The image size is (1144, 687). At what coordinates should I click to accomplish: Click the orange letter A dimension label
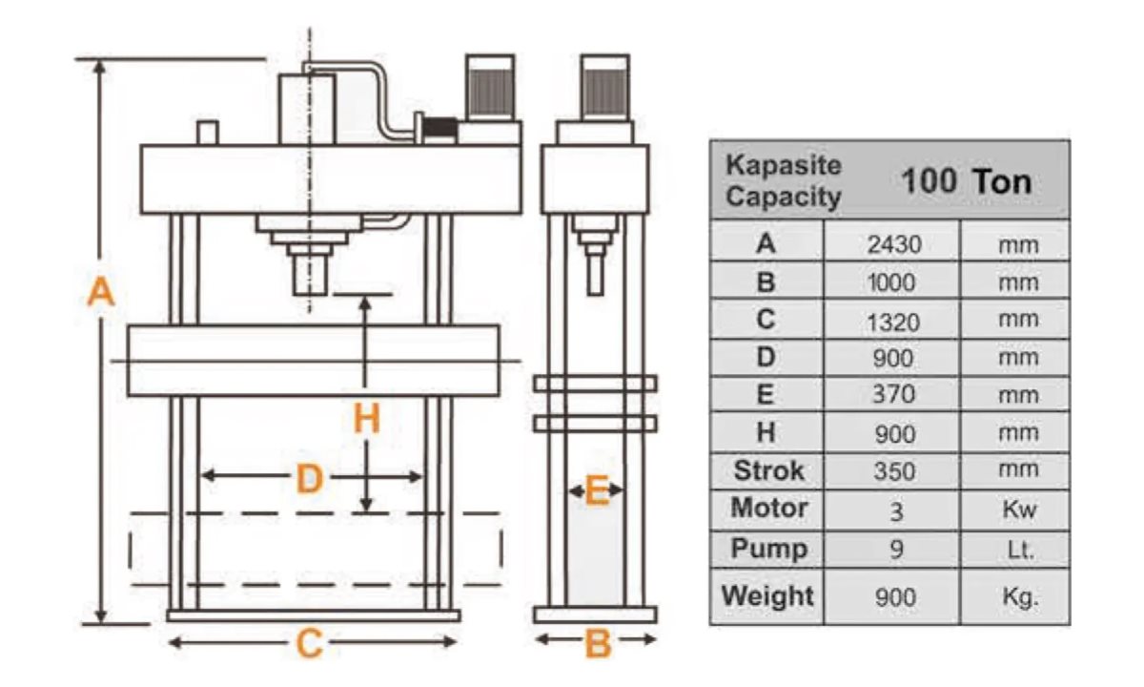pos(100,292)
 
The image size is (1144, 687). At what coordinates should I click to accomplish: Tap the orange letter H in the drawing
pos(366,420)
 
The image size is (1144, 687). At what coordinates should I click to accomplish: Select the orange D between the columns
pos(310,478)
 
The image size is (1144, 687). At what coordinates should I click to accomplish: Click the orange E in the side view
pos(596,491)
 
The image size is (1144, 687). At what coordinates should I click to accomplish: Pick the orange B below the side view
pos(597,644)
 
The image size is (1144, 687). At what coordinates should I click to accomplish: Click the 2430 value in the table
pos(893,244)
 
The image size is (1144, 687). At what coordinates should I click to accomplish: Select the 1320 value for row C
pos(893,322)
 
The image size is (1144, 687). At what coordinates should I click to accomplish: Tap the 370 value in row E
pos(893,394)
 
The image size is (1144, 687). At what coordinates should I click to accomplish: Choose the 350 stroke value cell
pos(893,471)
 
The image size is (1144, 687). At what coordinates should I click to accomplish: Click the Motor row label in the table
pos(769,508)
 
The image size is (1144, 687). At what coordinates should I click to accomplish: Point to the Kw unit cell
pos(1019,510)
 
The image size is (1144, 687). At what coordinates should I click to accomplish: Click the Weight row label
pos(767,595)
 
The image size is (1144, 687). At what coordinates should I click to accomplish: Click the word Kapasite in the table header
pos(784,164)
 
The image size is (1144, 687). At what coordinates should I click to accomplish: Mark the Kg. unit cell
pos(1019,598)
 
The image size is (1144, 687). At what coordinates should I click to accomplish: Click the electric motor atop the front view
pos(492,90)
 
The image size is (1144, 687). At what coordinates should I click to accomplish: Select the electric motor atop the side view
pos(605,90)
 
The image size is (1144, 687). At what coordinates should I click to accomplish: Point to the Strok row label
pos(768,470)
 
